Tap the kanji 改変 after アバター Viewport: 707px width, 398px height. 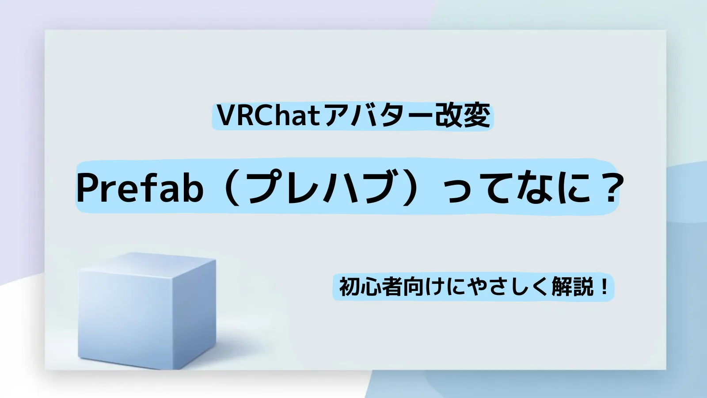463,116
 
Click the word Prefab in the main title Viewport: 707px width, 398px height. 140,188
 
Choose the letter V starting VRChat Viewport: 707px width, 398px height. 226,116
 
